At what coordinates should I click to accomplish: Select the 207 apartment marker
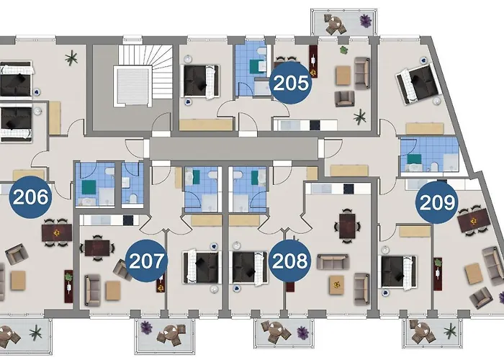pos(146,259)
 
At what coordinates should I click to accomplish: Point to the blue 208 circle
pos(289,259)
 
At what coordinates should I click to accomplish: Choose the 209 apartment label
pos(438,202)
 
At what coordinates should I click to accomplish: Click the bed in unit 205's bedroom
pos(202,80)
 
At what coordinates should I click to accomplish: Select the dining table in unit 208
pos(348,224)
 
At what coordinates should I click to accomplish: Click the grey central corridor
pos(234,148)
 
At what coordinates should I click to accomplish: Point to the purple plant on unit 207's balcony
pos(148,328)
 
